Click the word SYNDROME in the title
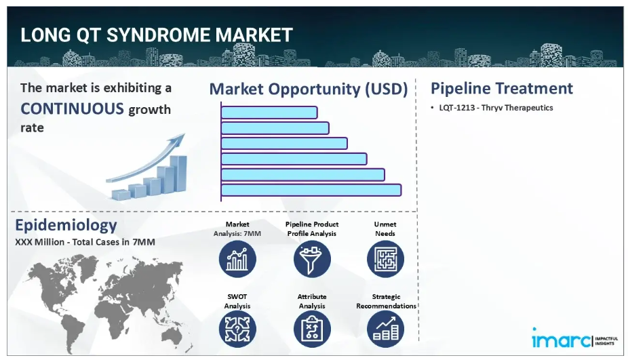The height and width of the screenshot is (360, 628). click(x=159, y=35)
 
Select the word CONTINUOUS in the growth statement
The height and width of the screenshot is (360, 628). click(x=73, y=109)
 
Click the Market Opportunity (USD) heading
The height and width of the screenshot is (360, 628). click(x=309, y=89)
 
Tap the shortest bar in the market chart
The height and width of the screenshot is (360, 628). click(x=269, y=113)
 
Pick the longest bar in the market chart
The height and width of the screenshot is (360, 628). click(x=311, y=190)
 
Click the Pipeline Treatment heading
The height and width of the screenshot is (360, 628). click(x=501, y=88)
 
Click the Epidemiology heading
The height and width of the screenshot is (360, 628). click(x=66, y=226)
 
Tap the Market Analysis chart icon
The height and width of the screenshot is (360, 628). click(x=237, y=259)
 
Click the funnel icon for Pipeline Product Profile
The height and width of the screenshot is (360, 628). click(x=312, y=259)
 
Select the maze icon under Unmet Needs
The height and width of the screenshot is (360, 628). click(x=385, y=259)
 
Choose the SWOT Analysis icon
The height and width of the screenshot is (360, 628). click(x=237, y=329)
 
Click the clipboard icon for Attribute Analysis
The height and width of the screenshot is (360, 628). click(x=312, y=329)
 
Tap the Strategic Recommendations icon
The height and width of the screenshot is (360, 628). click(x=385, y=329)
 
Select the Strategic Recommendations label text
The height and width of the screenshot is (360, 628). click(x=386, y=301)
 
